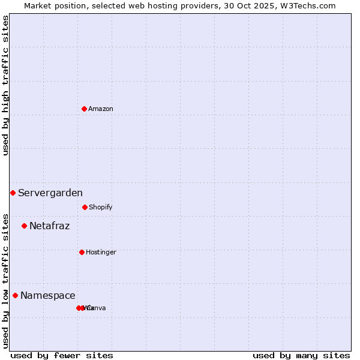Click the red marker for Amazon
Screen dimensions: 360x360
(84, 109)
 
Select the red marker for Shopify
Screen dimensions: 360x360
(85, 207)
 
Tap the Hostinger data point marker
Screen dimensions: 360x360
(82, 252)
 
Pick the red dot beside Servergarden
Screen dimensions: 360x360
(13, 193)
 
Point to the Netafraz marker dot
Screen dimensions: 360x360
(24, 226)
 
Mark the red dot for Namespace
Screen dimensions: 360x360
(15, 295)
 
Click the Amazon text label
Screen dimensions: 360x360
(101, 109)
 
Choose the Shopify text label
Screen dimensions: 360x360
(101, 207)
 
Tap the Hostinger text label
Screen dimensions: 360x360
(101, 252)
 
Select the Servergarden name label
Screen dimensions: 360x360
(50, 193)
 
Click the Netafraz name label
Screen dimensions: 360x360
(50, 226)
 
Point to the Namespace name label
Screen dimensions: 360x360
(48, 295)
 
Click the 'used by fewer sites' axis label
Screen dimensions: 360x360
(62, 355)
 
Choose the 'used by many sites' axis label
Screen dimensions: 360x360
(301, 355)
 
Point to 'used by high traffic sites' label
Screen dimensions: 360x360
(5, 85)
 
